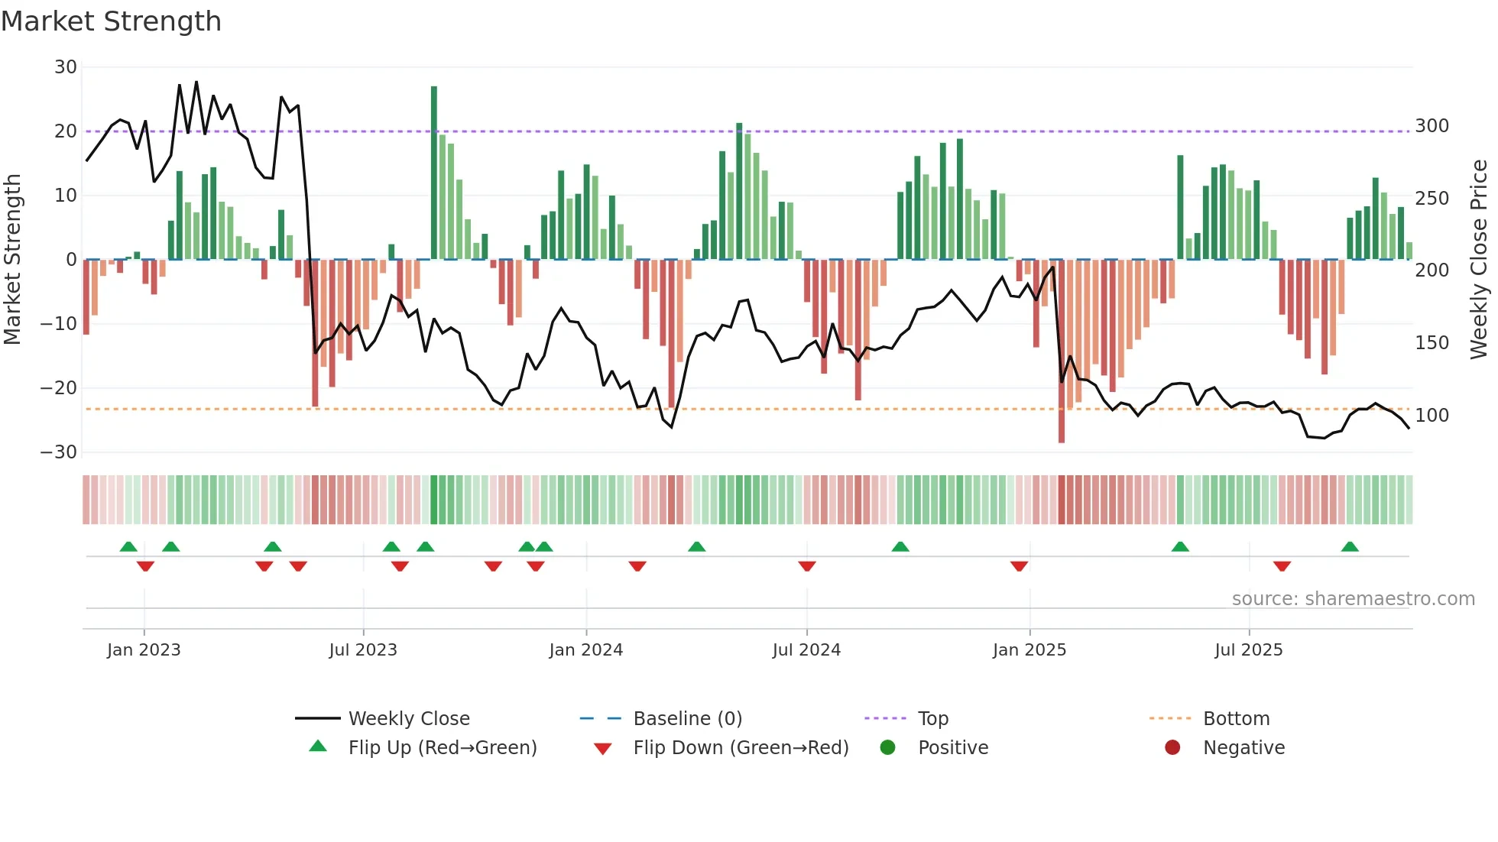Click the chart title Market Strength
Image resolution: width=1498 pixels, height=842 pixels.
click(111, 21)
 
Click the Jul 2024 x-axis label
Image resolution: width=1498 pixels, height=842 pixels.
click(806, 650)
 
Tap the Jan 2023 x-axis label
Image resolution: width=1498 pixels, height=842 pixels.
click(144, 650)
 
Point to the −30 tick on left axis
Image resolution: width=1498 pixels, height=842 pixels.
click(59, 452)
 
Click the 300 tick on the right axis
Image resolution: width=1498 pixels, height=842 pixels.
click(1432, 126)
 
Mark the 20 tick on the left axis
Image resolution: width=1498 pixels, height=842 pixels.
click(66, 131)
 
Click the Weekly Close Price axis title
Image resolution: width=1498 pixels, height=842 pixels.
click(1479, 260)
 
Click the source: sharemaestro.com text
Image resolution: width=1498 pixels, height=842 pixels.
click(1353, 599)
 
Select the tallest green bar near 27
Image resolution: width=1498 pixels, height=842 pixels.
click(434, 172)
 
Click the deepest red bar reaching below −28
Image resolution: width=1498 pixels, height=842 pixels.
click(1062, 351)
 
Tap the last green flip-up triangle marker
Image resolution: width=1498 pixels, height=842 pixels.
click(1350, 546)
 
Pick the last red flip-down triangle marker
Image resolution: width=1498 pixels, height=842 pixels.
click(1282, 566)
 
